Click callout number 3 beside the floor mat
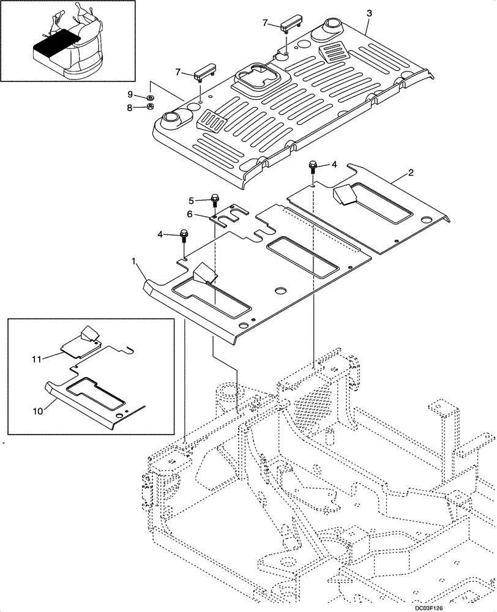click(368, 13)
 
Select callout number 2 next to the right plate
click(411, 173)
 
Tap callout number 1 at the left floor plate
click(134, 262)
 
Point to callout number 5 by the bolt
click(191, 200)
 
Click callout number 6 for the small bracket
click(190, 214)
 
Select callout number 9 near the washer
click(130, 94)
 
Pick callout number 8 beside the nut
click(130, 107)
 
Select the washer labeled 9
click(151, 97)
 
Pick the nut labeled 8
click(151, 108)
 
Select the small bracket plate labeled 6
click(230, 215)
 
